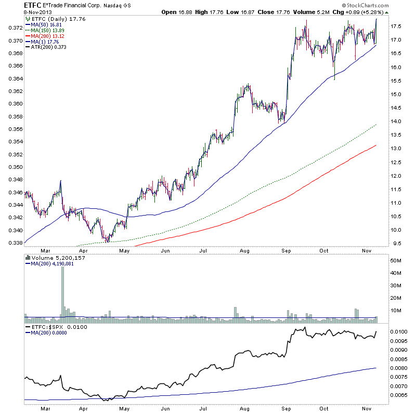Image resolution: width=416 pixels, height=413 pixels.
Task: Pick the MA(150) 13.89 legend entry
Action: pos(50,30)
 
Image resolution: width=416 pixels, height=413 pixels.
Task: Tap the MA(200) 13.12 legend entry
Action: pos(50,35)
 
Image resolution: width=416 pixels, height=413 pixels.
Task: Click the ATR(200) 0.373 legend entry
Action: pos(51,47)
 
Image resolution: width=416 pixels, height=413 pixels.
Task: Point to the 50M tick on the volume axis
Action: pos(397,260)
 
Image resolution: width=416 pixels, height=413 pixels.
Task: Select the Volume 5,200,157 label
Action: pos(54,257)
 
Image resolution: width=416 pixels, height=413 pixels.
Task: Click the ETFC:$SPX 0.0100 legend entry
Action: pos(50,327)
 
